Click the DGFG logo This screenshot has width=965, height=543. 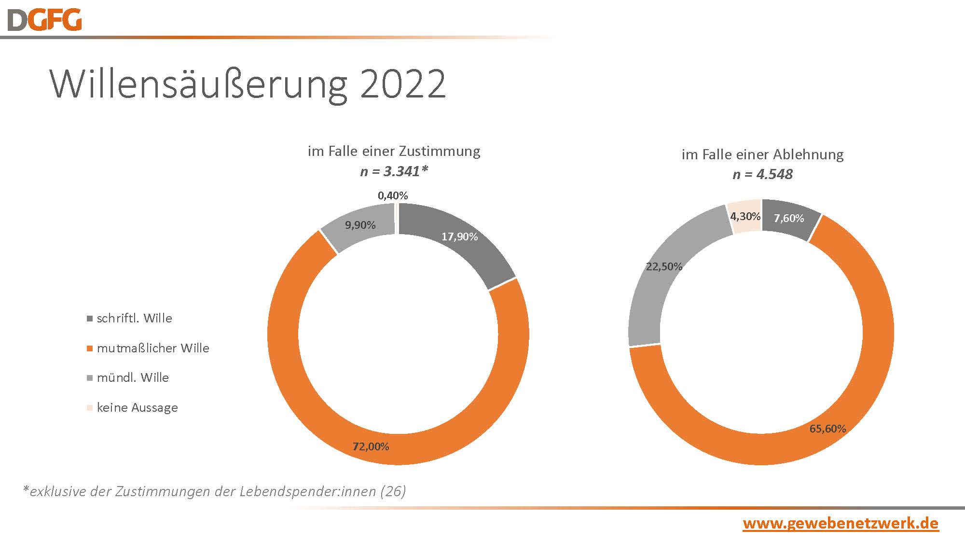[44, 20]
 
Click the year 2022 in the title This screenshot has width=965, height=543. [403, 84]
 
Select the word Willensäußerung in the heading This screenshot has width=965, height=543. [198, 84]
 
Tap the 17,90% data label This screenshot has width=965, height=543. [459, 237]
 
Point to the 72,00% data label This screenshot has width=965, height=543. [371, 446]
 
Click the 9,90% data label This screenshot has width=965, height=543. [360, 225]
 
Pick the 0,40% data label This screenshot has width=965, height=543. [393, 195]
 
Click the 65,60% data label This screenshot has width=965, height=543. [827, 429]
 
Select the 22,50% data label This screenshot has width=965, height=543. [664, 266]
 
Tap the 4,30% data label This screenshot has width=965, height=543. [745, 216]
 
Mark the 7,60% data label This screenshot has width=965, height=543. [789, 218]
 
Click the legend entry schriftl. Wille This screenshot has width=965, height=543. [134, 319]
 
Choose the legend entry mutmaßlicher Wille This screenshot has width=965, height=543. [152, 348]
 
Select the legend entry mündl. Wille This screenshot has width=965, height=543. [133, 377]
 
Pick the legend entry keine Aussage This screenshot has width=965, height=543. [137, 407]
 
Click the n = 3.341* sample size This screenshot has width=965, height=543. [394, 171]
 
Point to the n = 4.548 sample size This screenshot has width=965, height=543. [762, 174]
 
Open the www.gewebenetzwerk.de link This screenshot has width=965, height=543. [841, 523]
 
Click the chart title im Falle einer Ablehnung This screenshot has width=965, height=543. [762, 154]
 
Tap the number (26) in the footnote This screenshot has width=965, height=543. [393, 491]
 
